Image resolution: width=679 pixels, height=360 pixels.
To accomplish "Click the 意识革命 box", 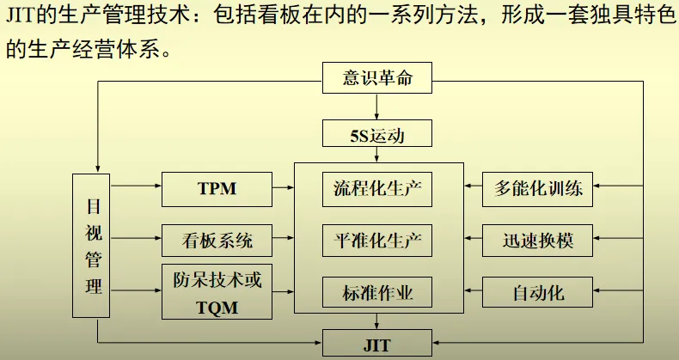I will click(x=377, y=80).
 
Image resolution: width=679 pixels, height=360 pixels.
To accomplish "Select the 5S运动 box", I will click(x=377, y=135).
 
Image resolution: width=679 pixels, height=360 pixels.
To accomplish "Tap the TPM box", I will click(x=217, y=187).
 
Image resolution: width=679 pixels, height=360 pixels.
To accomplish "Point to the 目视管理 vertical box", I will click(x=94, y=246).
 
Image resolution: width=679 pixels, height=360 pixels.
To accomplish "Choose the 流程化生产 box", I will click(x=377, y=187).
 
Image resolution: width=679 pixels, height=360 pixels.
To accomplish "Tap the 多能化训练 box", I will click(x=538, y=187).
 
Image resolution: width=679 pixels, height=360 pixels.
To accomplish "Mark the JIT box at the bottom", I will click(x=377, y=344).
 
